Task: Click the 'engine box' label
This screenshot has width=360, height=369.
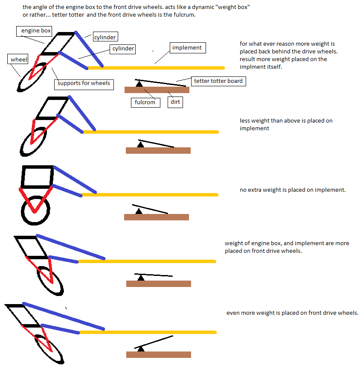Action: click(34, 31)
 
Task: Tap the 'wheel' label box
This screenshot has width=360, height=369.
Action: click(17, 59)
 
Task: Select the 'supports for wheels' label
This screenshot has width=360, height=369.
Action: click(84, 85)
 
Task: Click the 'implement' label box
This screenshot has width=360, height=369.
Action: click(188, 48)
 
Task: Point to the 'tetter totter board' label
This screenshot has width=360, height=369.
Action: click(218, 81)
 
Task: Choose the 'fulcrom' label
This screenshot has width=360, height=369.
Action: click(145, 102)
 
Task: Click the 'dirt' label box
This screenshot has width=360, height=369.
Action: click(175, 102)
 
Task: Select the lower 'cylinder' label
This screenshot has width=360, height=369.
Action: click(123, 49)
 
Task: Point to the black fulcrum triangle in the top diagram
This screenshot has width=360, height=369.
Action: click(139, 84)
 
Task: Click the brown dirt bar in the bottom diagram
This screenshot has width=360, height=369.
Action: click(159, 354)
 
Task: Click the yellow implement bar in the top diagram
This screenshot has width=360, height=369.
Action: click(156, 68)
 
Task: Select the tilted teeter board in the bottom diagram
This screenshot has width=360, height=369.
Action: click(154, 342)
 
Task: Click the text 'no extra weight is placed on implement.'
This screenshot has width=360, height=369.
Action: click(293, 190)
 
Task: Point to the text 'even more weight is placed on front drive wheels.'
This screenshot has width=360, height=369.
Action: click(292, 313)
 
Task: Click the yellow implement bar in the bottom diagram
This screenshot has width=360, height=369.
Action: click(148, 332)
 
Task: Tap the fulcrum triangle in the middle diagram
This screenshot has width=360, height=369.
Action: click(139, 211)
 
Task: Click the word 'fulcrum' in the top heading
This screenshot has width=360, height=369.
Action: click(184, 15)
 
